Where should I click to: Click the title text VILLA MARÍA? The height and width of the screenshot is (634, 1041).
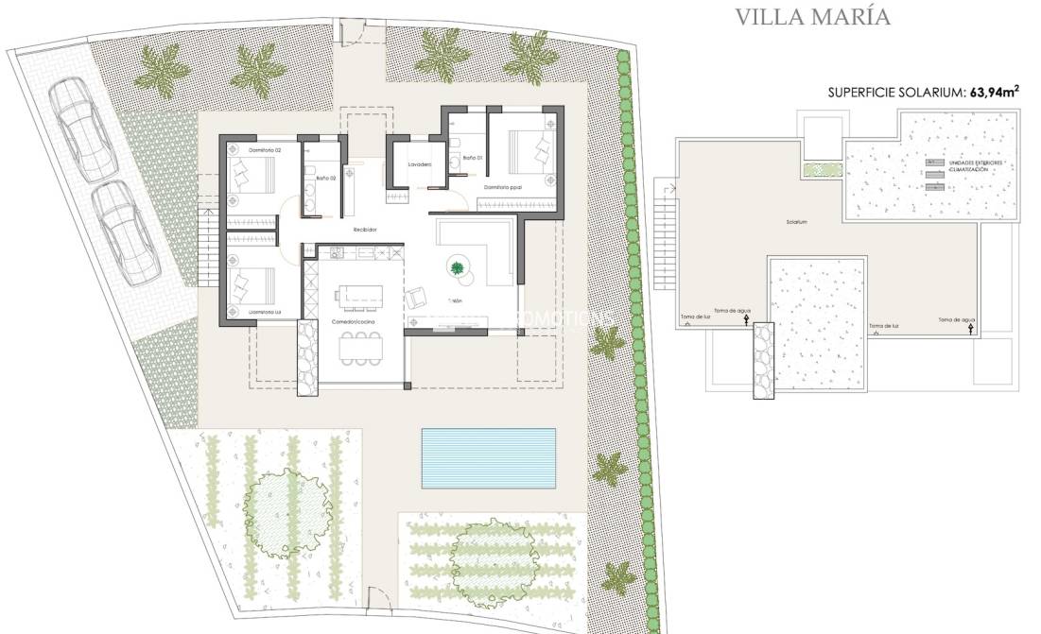(x=812, y=17)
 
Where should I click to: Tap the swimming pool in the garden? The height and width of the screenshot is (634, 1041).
(x=488, y=458)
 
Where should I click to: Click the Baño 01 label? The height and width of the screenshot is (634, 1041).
(x=472, y=157)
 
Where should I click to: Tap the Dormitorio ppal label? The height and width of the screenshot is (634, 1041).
(x=503, y=187)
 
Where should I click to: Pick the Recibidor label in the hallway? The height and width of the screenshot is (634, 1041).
(x=365, y=229)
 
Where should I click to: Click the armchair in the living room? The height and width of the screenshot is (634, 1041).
(x=415, y=298)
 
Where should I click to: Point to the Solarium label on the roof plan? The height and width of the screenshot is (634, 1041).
(x=796, y=223)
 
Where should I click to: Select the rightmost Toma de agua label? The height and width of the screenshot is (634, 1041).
(x=956, y=320)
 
